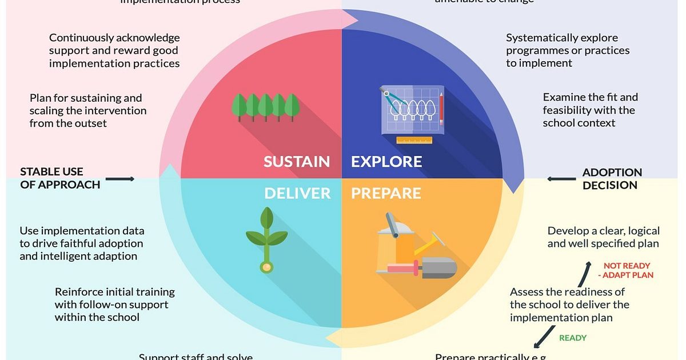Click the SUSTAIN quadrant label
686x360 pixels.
[x=297, y=162]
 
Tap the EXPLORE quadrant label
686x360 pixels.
[x=386, y=162]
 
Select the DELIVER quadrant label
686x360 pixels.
[x=297, y=193]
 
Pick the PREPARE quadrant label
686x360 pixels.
[x=386, y=193]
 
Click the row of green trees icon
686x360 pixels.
[x=266, y=107]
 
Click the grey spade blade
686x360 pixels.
[x=439, y=267]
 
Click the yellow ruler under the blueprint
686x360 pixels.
[x=414, y=141]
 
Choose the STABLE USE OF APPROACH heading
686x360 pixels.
[x=60, y=178]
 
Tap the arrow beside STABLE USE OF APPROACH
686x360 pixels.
[x=120, y=179]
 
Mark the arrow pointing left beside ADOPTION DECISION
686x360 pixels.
[x=561, y=179]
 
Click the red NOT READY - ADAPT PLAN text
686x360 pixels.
[x=628, y=270]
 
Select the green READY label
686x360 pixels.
[x=573, y=338]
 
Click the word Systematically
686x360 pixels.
[x=541, y=38]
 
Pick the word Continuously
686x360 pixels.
[x=81, y=38]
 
